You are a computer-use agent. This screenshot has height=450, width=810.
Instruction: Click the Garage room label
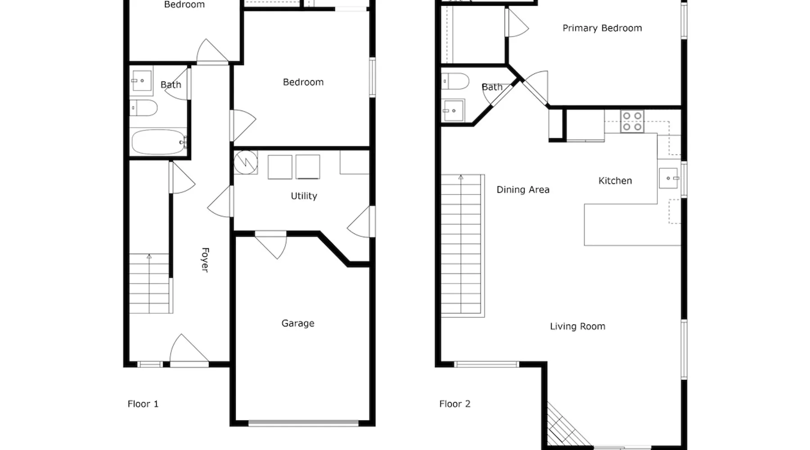(298, 324)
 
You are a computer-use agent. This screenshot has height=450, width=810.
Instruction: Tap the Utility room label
(304, 196)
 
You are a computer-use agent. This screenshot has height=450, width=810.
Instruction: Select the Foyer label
(205, 260)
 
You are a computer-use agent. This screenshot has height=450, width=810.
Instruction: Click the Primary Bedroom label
(602, 28)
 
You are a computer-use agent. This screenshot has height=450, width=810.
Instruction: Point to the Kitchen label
(615, 181)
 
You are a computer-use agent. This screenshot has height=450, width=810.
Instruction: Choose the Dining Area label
(523, 190)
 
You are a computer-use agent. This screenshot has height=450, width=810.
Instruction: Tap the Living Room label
(577, 327)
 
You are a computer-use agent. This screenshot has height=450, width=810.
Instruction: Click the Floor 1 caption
(143, 404)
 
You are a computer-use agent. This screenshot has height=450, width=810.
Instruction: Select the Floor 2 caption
(455, 404)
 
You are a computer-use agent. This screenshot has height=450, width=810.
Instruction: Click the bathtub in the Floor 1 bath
(158, 142)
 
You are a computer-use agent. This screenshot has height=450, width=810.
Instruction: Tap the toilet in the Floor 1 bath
(144, 108)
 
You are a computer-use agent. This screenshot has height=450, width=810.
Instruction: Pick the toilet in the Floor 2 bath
(455, 81)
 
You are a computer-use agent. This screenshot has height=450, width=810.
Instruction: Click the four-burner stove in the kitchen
(632, 121)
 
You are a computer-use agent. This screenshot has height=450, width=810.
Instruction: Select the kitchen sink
(669, 178)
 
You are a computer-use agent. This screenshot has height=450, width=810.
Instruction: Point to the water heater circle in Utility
(246, 162)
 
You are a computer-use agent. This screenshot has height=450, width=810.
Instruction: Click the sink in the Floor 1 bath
(141, 81)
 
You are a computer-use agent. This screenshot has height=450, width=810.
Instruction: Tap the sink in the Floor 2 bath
(453, 111)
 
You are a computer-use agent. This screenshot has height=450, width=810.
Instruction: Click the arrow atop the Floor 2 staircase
(461, 178)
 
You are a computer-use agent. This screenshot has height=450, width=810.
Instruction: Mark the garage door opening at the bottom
(303, 423)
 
